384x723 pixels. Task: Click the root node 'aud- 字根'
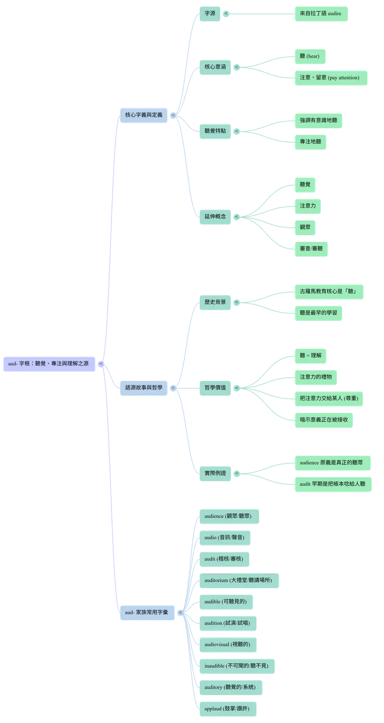[49, 364]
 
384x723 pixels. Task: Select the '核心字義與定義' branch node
[144, 114]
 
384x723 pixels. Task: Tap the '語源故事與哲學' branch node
[144, 387]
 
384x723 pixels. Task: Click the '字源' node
[210, 14]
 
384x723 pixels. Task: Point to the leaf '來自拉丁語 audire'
[321, 14]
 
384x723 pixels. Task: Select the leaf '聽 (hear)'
[310, 56]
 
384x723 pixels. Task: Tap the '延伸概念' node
[215, 216]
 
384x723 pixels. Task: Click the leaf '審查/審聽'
[312, 249]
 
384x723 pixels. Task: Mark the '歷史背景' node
[215, 302]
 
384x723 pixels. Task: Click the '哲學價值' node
[215, 387]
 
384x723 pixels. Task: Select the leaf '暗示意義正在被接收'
[324, 419]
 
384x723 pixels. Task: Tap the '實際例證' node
[215, 473]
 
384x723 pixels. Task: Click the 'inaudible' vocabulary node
[237, 665]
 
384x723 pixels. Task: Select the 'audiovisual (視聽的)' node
[227, 644]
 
